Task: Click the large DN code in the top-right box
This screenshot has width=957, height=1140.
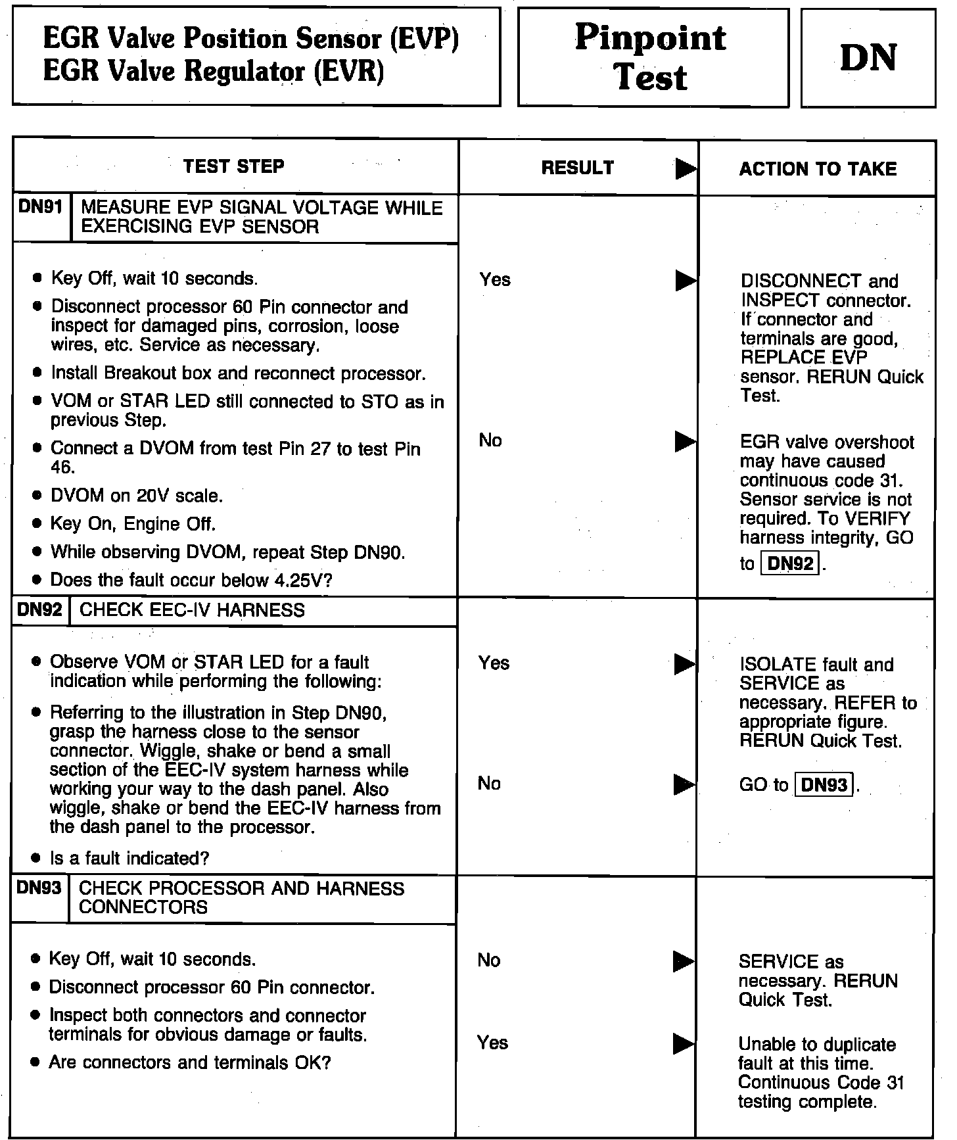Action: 868,57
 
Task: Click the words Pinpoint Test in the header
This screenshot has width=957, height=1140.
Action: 651,57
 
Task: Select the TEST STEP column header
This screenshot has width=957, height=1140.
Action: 233,166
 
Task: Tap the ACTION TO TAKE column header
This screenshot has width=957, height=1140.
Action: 818,169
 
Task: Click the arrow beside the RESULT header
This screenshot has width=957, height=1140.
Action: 686,170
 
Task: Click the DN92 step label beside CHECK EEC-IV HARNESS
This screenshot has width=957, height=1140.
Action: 39,609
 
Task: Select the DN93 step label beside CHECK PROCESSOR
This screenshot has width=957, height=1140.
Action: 39,888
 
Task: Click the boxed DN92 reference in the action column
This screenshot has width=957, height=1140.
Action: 789,564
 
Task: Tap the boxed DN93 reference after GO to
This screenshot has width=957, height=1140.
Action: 824,785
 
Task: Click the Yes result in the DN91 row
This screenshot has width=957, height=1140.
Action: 495,279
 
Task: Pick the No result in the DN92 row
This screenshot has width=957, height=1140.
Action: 490,783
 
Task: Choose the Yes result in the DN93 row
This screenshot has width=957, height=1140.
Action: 493,1043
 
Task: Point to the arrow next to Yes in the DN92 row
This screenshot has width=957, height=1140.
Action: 685,665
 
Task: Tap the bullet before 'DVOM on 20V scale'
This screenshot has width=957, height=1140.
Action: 37,496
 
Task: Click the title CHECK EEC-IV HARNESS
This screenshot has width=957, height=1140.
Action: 192,610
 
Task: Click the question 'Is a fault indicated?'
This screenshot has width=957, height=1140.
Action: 129,858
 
